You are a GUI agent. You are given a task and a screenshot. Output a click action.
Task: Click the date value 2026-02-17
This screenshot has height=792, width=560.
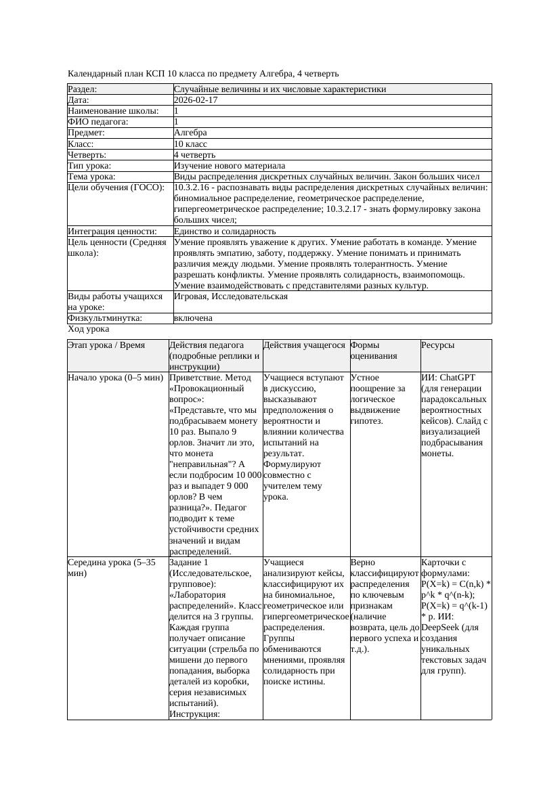click(x=196, y=100)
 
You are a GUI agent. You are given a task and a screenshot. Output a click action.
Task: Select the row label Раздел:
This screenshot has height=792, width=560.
click(x=83, y=89)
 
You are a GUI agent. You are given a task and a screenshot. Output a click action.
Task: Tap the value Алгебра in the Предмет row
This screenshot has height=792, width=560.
click(x=190, y=133)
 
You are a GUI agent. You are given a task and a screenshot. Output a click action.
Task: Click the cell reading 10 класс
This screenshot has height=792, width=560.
click(x=190, y=144)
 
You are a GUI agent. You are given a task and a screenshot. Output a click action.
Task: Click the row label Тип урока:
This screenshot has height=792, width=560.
click(x=89, y=165)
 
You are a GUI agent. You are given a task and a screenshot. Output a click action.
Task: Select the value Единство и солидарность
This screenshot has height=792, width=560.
click(x=225, y=231)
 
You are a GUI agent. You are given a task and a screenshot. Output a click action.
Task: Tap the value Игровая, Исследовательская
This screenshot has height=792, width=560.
click(x=231, y=296)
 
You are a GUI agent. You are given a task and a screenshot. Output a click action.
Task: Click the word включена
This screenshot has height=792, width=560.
click(x=193, y=317)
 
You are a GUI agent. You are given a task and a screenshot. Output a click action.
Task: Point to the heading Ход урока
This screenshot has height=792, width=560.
click(x=88, y=328)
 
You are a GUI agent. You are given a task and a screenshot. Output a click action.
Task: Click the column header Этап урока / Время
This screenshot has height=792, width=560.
click(x=106, y=345)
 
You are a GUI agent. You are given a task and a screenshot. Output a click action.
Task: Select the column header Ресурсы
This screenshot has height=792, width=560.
click(x=437, y=345)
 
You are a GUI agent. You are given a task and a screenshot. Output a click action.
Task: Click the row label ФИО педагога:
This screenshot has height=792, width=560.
click(x=98, y=122)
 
